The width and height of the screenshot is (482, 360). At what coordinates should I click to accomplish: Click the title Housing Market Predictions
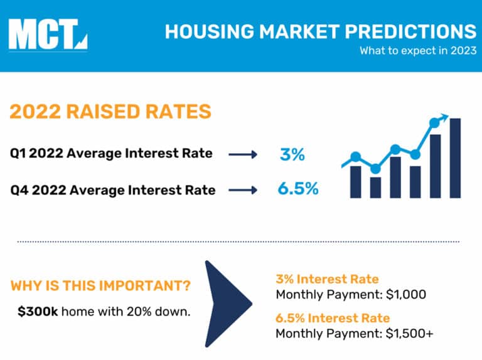(320, 31)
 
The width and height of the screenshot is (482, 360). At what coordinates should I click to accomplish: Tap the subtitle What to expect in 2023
(417, 51)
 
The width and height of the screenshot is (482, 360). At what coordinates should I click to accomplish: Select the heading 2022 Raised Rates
(110, 112)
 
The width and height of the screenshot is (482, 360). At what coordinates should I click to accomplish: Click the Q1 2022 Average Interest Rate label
(111, 153)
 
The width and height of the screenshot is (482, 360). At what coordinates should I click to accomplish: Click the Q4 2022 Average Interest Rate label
(112, 189)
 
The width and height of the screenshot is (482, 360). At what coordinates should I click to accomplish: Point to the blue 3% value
(292, 154)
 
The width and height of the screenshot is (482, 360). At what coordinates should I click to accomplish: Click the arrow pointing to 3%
(242, 154)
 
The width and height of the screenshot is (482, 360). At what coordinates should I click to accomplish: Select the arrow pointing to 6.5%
(242, 190)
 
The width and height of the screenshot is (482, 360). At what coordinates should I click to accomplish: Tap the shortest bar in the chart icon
(375, 186)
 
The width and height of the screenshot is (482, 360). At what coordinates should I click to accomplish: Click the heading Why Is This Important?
(101, 287)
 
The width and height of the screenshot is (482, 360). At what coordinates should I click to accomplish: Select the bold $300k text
(38, 310)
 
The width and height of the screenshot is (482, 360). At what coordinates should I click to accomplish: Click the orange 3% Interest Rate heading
(327, 279)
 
